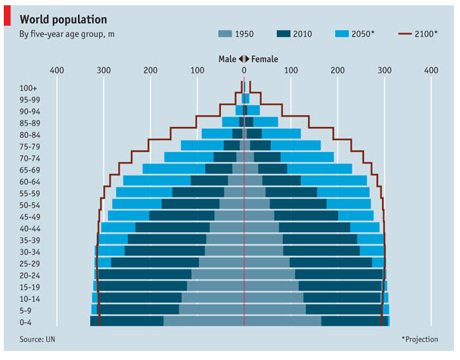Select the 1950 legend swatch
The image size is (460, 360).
[x=225, y=34]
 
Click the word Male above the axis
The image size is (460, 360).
[x=227, y=58]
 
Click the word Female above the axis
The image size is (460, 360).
[x=265, y=58]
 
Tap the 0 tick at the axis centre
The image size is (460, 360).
[x=244, y=70]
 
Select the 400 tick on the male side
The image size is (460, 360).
[x=56, y=70]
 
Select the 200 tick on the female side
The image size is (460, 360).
[x=337, y=70]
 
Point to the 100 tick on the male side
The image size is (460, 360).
[x=197, y=70]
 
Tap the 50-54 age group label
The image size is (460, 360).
[x=31, y=205]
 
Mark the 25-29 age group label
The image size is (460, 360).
[x=31, y=263]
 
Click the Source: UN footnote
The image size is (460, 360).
[x=37, y=340]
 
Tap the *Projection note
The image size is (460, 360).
[x=419, y=340]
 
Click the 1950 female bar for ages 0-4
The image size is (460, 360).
[x=282, y=321]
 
